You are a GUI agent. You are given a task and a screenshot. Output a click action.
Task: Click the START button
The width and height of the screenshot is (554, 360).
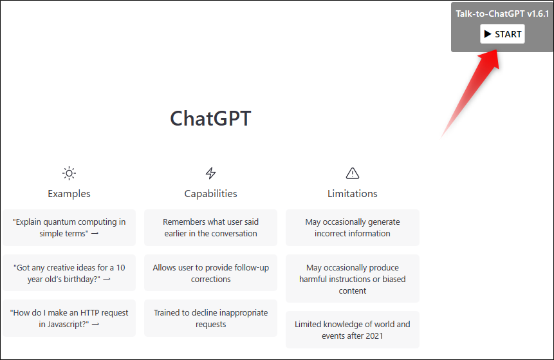click(x=502, y=34)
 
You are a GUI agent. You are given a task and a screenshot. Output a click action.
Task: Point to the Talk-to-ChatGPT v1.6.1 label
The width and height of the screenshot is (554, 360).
click(x=502, y=14)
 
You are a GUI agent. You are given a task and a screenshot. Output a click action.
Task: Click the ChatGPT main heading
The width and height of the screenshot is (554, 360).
click(x=210, y=118)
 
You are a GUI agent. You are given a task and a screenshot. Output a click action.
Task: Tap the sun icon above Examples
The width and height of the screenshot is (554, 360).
click(x=69, y=173)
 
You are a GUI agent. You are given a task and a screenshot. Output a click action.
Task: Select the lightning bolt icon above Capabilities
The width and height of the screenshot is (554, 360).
click(x=210, y=173)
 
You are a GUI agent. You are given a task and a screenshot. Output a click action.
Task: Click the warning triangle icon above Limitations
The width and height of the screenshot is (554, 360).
click(x=352, y=173)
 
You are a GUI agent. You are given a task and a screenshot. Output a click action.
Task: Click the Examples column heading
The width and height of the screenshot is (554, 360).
click(x=69, y=194)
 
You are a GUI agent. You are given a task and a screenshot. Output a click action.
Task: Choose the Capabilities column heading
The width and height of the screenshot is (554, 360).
click(x=210, y=194)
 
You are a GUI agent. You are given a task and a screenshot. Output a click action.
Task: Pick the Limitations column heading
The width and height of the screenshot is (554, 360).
click(x=352, y=194)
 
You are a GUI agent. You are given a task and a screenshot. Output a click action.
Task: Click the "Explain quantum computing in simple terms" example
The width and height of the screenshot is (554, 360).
click(x=69, y=228)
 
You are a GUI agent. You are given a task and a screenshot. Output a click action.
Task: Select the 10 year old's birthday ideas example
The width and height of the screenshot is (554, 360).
click(x=69, y=273)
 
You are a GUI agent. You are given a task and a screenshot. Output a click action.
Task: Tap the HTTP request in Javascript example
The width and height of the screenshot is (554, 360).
click(x=69, y=318)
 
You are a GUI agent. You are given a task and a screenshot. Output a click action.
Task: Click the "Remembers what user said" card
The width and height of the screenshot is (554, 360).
click(x=210, y=228)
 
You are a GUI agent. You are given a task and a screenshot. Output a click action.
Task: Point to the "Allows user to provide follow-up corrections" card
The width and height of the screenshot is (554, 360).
click(x=210, y=273)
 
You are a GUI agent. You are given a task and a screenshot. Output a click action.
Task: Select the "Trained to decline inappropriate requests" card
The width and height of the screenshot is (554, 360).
click(x=210, y=318)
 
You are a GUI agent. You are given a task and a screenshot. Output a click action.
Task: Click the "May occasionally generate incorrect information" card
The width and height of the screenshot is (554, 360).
click(x=352, y=228)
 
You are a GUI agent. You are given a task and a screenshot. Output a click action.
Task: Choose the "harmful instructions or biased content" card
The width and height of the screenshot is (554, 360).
click(x=352, y=279)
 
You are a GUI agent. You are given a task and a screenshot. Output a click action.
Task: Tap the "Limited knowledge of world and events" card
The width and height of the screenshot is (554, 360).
click(x=352, y=330)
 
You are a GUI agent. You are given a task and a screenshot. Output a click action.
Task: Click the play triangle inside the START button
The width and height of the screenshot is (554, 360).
click(x=488, y=34)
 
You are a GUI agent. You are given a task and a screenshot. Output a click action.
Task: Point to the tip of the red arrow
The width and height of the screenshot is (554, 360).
click(x=497, y=50)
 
